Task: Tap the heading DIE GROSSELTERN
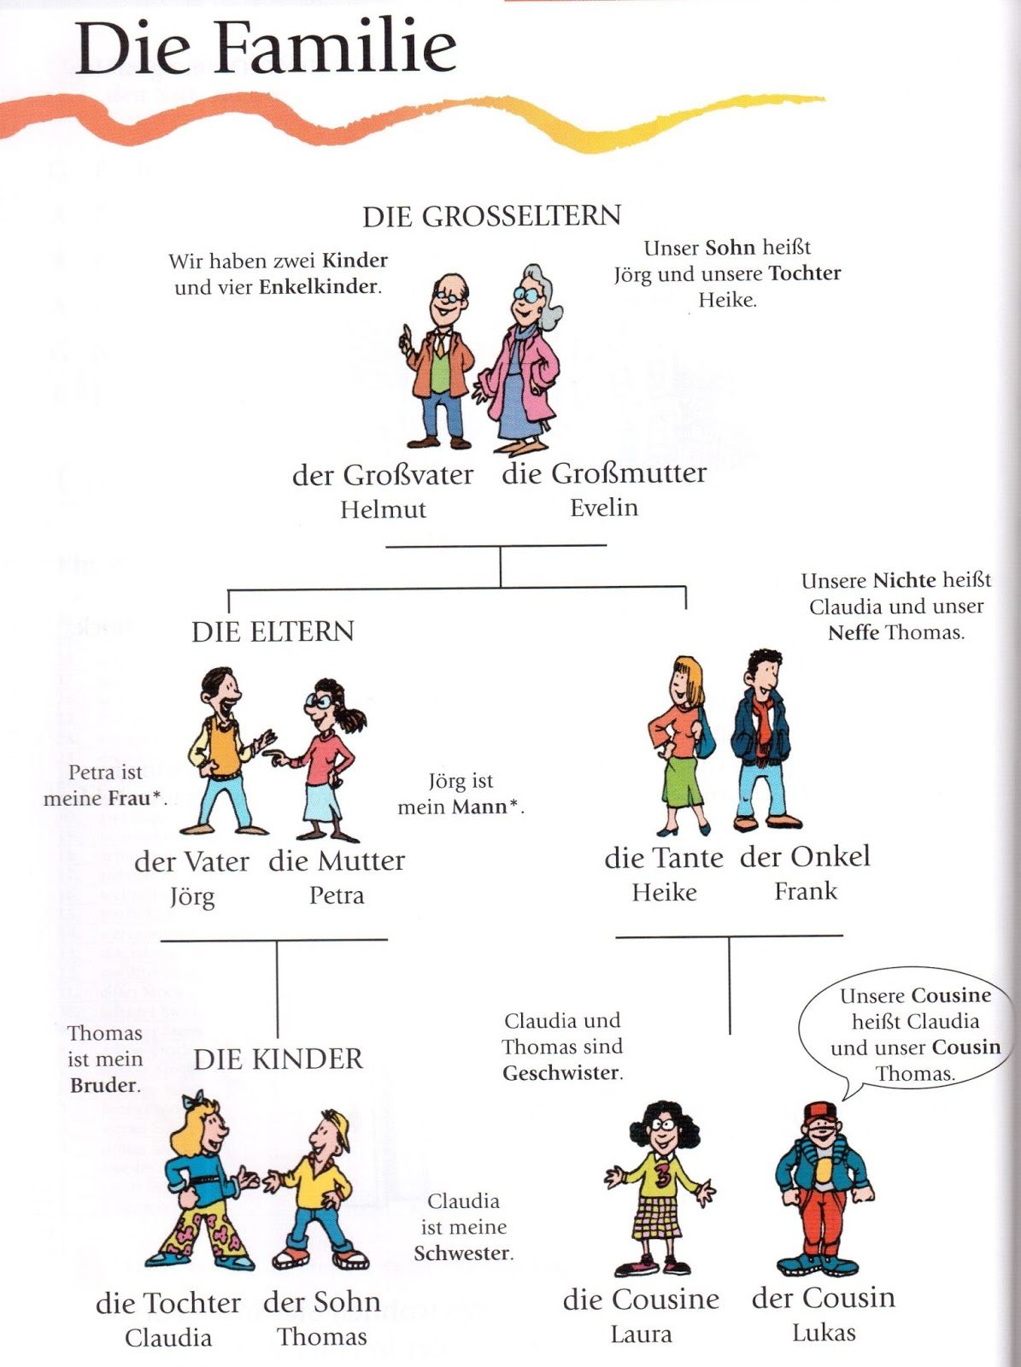pos(492,216)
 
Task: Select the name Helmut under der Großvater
pos(383,509)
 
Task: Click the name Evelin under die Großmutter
pos(604,507)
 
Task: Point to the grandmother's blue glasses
pos(528,294)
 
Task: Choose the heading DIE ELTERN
pos(273,631)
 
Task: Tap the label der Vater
pos(191,861)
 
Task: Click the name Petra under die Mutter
pos(337,895)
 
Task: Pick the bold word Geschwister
pos(561,1073)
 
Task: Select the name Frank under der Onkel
pos(806,891)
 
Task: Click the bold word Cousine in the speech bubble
pos(951,996)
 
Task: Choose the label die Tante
pos(664,858)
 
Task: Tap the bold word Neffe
pos(854,633)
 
